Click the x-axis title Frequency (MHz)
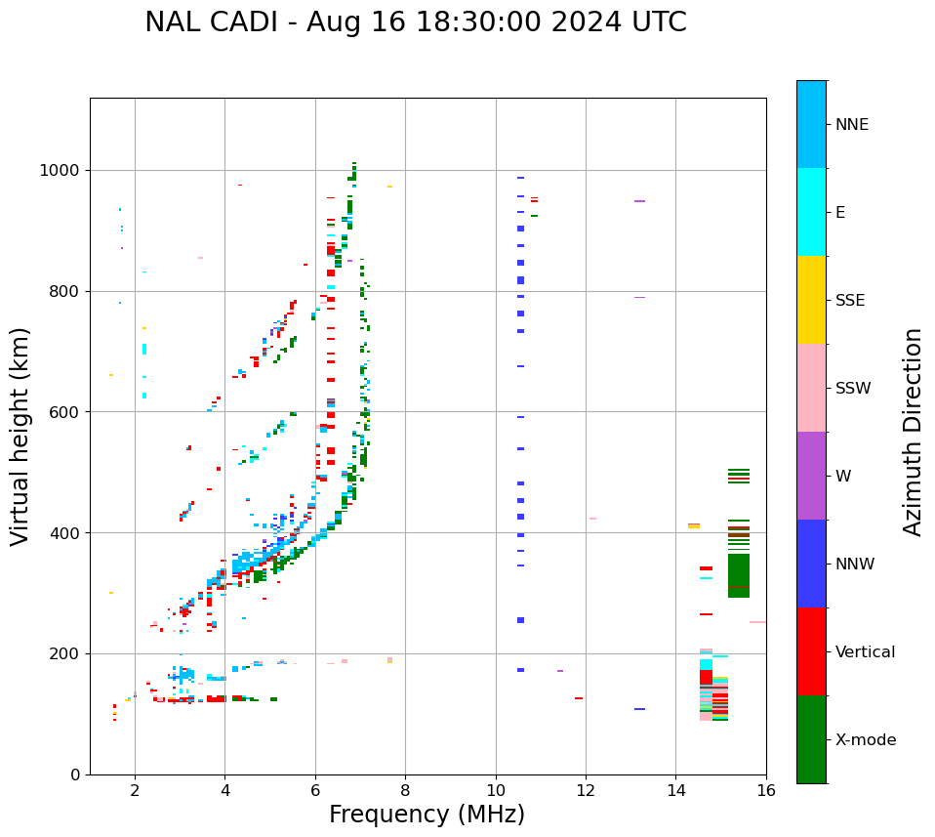click(427, 815)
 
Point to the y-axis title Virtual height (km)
click(20, 436)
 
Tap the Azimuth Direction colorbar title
click(913, 432)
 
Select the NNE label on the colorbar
click(851, 125)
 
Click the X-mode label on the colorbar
click(866, 740)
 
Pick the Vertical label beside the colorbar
click(865, 652)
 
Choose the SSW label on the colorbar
click(853, 389)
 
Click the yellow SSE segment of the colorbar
click(811, 300)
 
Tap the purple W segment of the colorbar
click(811, 476)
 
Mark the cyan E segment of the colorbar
click(811, 212)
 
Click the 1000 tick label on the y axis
click(61, 171)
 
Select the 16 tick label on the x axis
click(766, 791)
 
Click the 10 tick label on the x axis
click(496, 791)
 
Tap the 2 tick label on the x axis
click(135, 791)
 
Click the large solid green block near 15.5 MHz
click(739, 575)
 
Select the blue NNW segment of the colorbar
click(811, 564)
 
